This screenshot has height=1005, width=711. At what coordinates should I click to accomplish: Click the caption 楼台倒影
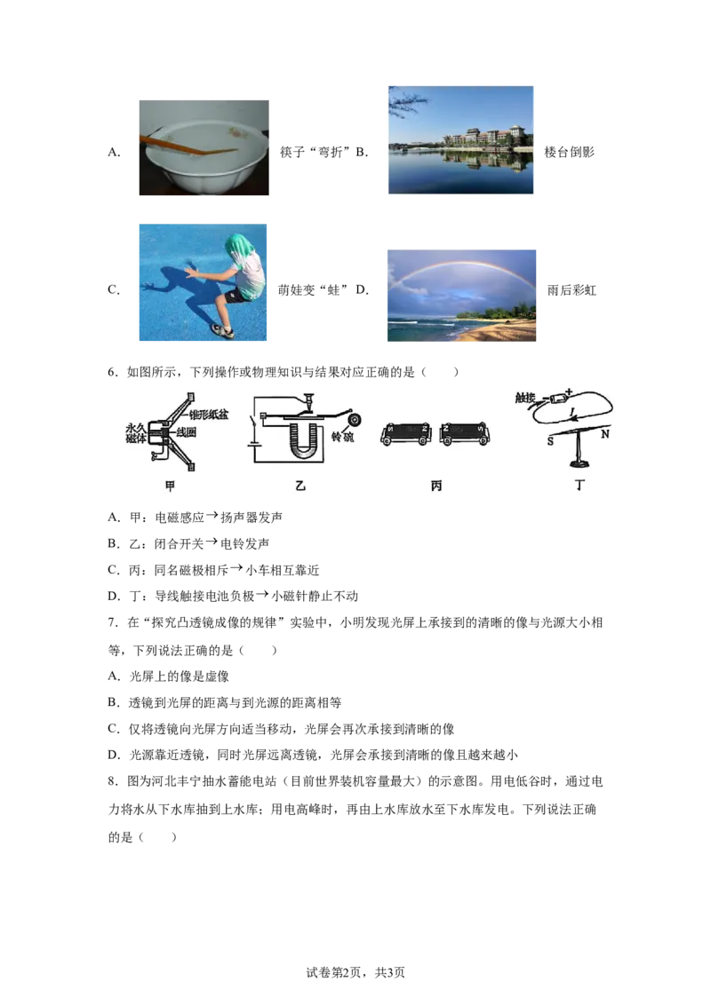[x=569, y=152]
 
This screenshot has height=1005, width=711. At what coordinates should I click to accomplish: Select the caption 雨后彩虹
[x=571, y=289]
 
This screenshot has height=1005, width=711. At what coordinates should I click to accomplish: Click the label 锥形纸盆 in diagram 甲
[x=209, y=415]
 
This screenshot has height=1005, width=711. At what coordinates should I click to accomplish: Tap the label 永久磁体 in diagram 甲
[x=136, y=433]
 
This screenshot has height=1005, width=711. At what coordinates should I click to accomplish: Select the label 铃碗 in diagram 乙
[x=342, y=437]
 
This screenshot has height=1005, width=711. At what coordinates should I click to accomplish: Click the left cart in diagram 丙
[x=406, y=434]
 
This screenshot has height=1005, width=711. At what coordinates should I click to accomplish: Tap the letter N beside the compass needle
[x=604, y=434]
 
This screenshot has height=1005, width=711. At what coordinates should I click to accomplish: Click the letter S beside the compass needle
[x=550, y=441]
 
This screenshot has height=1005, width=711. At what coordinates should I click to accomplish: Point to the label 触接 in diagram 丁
[x=525, y=398]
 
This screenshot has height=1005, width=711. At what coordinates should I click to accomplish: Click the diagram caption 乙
[x=300, y=486]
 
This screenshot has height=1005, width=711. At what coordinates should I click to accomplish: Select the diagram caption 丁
[x=580, y=486]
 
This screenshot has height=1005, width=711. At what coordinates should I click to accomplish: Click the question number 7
[x=112, y=622]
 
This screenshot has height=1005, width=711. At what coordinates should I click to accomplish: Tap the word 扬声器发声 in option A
[x=252, y=518]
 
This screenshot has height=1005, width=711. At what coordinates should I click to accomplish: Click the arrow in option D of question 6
[x=262, y=595]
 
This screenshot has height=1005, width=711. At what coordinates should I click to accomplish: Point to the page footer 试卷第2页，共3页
[x=355, y=972]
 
